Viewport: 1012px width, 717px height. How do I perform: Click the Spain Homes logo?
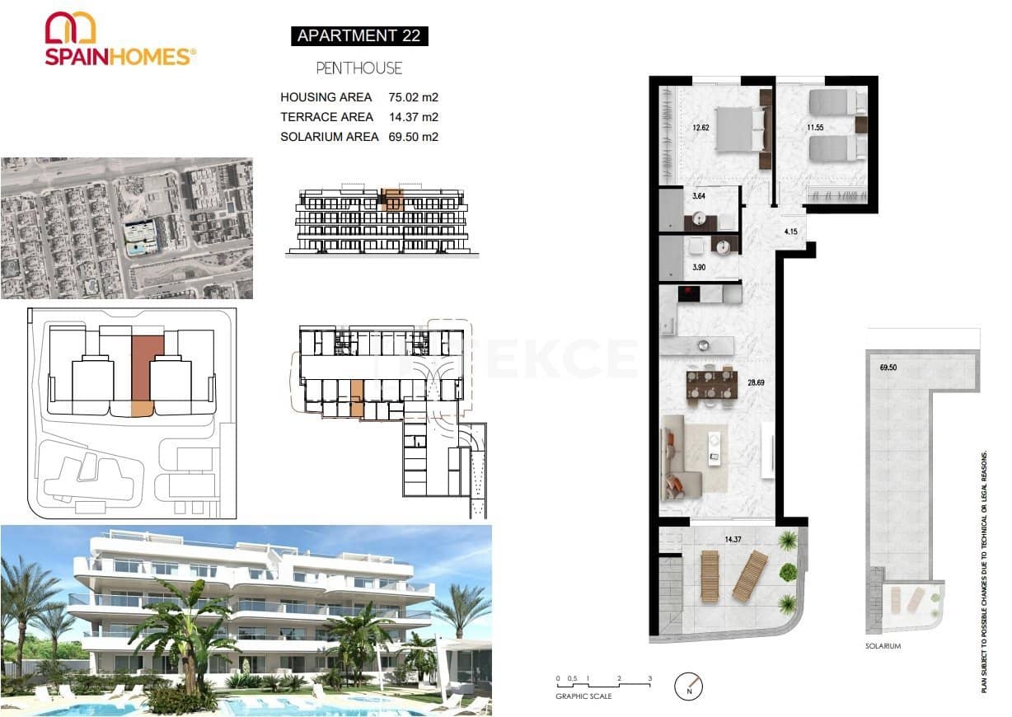click(119, 40)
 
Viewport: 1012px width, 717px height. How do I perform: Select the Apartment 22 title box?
click(359, 35)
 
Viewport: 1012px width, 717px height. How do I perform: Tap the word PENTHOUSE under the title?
click(359, 68)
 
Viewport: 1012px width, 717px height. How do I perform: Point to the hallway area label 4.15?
click(791, 232)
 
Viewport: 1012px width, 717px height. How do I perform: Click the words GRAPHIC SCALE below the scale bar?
click(583, 696)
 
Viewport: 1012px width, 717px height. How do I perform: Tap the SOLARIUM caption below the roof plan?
click(883, 646)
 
